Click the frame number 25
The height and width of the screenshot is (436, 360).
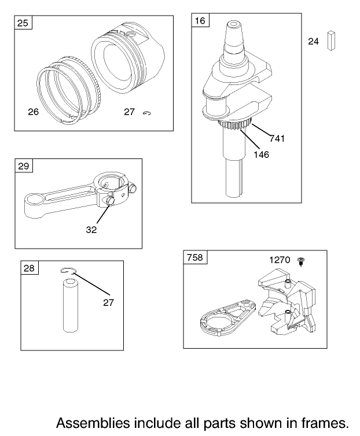point(23,23)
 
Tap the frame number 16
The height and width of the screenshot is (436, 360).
point(200,20)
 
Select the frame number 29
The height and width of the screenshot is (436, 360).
point(23,166)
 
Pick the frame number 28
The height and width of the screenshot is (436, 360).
point(29,268)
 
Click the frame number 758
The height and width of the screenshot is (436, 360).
point(195,257)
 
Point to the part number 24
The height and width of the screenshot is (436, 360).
point(313,41)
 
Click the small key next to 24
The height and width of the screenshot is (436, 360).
point(331,40)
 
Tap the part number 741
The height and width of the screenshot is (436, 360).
point(277,138)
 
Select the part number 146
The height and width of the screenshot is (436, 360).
point(261,154)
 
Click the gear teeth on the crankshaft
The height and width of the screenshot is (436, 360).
point(235,124)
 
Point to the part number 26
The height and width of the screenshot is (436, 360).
point(33,112)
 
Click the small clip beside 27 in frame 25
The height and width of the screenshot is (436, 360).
point(147,113)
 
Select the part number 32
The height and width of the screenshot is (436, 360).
point(91,230)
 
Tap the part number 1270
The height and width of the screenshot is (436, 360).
point(280,260)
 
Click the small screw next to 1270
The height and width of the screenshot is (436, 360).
point(301,261)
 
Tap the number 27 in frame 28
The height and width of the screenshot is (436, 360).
point(109,302)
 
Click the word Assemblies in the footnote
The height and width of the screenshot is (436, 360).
point(93,423)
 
